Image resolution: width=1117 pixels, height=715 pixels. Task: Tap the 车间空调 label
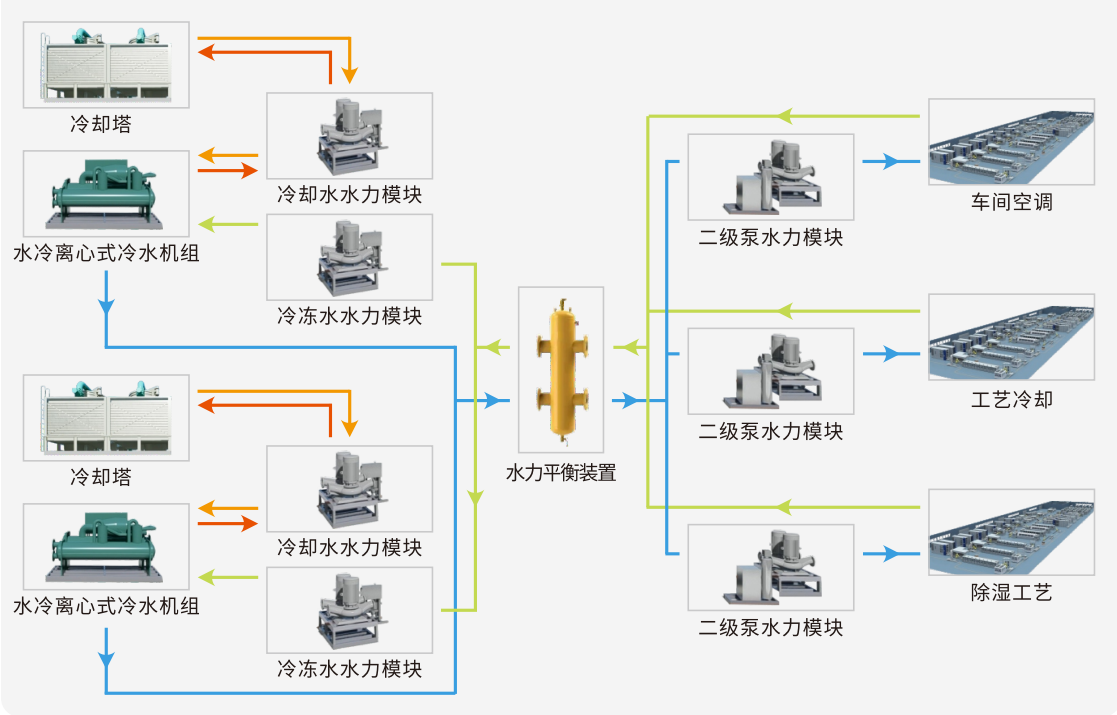(1011, 203)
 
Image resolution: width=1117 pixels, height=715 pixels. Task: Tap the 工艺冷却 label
(1011, 400)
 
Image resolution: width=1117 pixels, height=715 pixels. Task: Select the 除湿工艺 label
(1011, 593)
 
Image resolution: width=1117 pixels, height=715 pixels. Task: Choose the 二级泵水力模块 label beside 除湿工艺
(770, 628)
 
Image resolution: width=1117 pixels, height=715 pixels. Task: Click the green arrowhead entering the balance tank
(625, 347)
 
